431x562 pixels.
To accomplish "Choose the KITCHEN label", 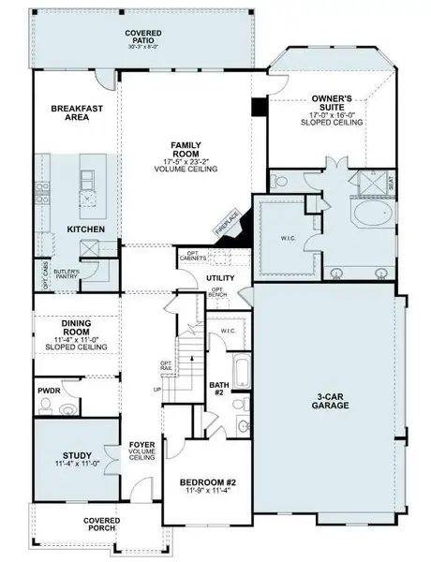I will pyautogui.click(x=85, y=229).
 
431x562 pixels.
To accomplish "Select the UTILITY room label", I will pyautogui.click(x=220, y=278).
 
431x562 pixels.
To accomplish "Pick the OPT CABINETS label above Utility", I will pyautogui.click(x=219, y=255).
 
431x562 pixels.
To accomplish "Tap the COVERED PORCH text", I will pyautogui.click(x=100, y=524).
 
